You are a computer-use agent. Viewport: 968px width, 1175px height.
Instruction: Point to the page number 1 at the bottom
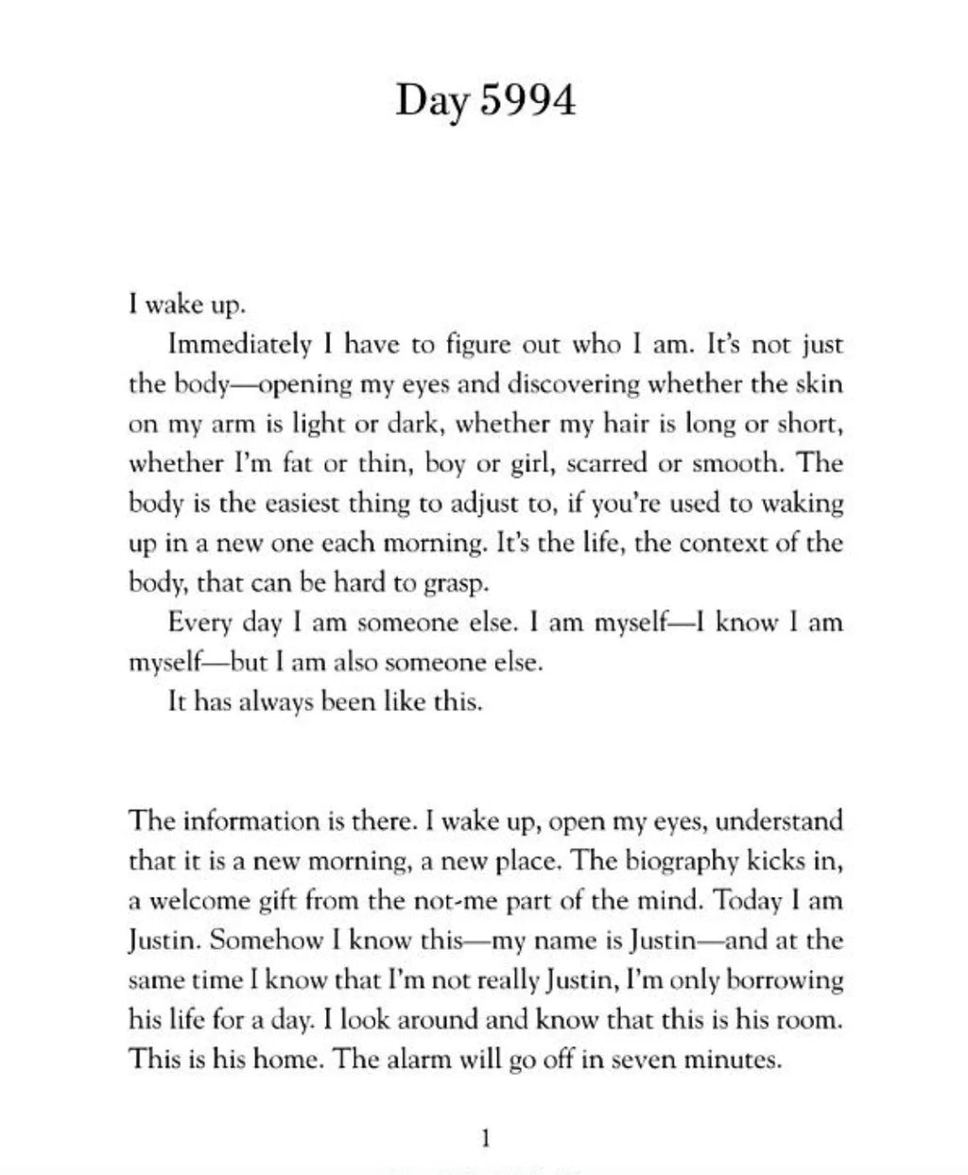[485, 1138]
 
